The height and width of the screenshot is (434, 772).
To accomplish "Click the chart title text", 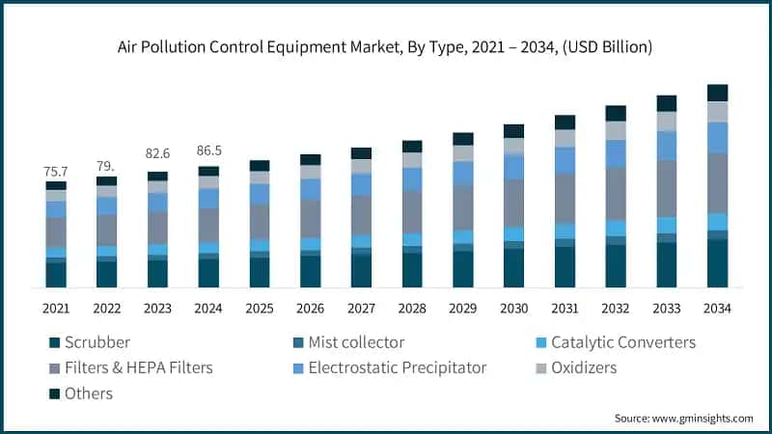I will pyautogui.click(x=386, y=45).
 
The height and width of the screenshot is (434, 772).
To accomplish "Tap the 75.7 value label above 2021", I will pyautogui.click(x=56, y=171).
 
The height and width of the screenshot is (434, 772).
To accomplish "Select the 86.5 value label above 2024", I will pyautogui.click(x=208, y=151).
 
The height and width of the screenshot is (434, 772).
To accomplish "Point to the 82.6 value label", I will pyautogui.click(x=157, y=153).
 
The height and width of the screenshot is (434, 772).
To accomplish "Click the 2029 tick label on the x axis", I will pyautogui.click(x=462, y=309).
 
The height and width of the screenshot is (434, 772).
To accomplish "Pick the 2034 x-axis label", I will pyautogui.click(x=717, y=309).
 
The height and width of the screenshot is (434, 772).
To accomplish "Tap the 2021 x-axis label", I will pyautogui.click(x=56, y=309).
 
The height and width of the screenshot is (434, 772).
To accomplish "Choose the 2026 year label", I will pyautogui.click(x=310, y=309).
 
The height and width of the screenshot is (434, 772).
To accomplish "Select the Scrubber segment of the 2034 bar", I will pyautogui.click(x=717, y=263).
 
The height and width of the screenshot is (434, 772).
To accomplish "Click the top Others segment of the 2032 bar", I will pyautogui.click(x=616, y=113).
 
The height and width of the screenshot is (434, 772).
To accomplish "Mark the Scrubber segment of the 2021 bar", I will pyautogui.click(x=56, y=275).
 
